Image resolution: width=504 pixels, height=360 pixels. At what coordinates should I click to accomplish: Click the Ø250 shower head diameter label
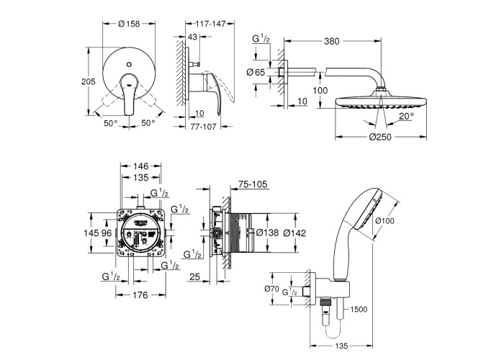click(367, 138)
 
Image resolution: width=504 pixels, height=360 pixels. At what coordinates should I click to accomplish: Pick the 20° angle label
click(408, 115)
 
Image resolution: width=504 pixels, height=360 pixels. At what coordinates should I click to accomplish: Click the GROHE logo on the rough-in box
click(140, 222)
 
